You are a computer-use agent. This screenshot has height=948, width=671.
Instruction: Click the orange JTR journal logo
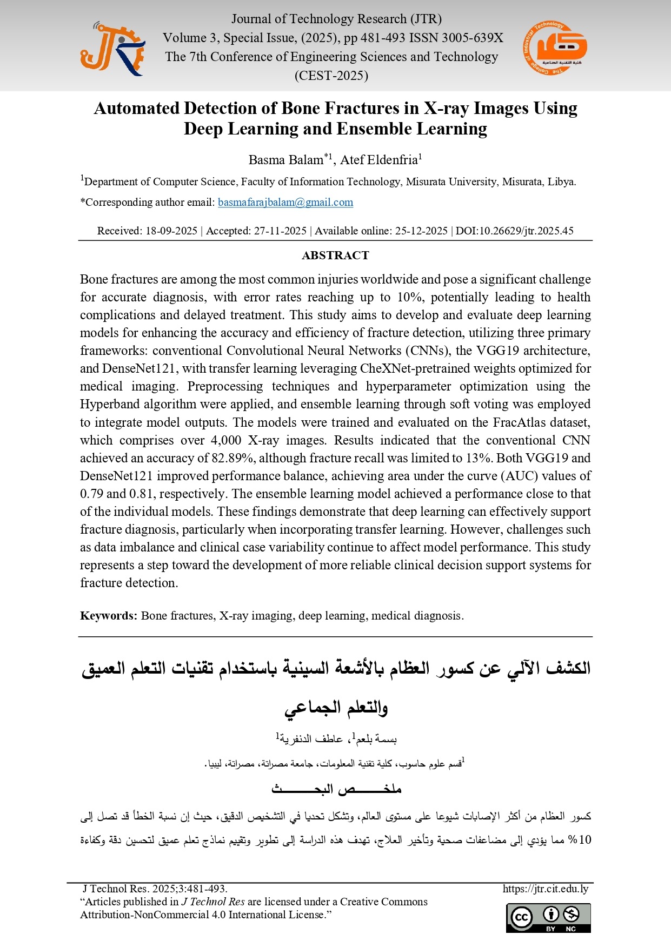tap(112, 49)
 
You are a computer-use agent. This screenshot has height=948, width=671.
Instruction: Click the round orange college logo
tap(555, 48)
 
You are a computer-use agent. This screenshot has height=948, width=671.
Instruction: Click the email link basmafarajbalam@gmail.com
tap(285, 203)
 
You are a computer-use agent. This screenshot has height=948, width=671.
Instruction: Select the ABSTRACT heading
tap(335, 256)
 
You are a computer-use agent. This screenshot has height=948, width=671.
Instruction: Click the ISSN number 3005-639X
tap(472, 38)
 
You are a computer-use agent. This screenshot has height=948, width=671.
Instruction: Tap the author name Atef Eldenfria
tap(378, 160)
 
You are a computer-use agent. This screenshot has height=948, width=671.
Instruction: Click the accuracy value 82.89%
tap(232, 458)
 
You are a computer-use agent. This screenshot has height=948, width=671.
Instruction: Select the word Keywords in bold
tap(108, 616)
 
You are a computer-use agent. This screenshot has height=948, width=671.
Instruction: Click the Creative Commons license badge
tap(548, 918)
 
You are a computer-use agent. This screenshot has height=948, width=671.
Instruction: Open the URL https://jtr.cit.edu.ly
tap(545, 889)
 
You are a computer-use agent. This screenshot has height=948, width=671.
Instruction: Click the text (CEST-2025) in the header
tap(331, 76)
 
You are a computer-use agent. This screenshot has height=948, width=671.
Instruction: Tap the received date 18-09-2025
tap(171, 231)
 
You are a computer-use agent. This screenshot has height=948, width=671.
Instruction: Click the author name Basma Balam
tap(286, 160)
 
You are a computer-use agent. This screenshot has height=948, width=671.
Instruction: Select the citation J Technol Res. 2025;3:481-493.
tap(155, 889)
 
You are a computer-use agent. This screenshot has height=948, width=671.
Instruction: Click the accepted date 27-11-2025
tap(280, 231)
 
